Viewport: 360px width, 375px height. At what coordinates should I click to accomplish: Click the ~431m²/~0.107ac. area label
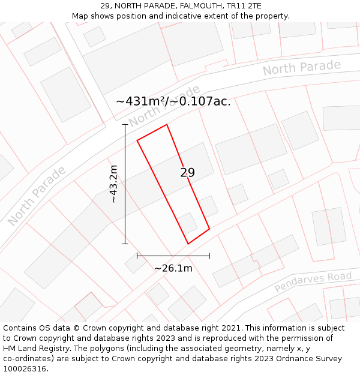[173, 101]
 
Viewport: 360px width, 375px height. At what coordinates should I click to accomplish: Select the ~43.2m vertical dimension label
[114, 184]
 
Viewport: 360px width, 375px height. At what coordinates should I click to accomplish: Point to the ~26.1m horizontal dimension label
[173, 268]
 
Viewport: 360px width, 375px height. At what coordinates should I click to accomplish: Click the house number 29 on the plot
[187, 173]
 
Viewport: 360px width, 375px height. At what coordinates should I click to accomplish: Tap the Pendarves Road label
[313, 282]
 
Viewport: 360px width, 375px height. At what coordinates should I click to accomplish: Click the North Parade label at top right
[302, 68]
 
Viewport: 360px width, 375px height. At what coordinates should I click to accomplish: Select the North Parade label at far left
[37, 196]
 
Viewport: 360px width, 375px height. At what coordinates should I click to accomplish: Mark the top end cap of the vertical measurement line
[125, 125]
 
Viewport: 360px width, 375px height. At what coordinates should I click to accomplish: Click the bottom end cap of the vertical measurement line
[125, 244]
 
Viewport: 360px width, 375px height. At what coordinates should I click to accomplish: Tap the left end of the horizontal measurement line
[137, 256]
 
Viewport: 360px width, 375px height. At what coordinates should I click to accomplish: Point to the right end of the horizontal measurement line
[209, 256]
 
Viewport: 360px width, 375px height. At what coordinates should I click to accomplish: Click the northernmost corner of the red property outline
[166, 125]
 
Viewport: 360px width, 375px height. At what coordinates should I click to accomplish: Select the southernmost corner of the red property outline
[188, 244]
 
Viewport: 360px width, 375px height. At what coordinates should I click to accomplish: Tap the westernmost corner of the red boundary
[137, 140]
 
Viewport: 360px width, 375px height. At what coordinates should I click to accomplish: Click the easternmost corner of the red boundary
[209, 229]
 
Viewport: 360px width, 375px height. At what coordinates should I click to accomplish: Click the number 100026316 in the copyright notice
[25, 369]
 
